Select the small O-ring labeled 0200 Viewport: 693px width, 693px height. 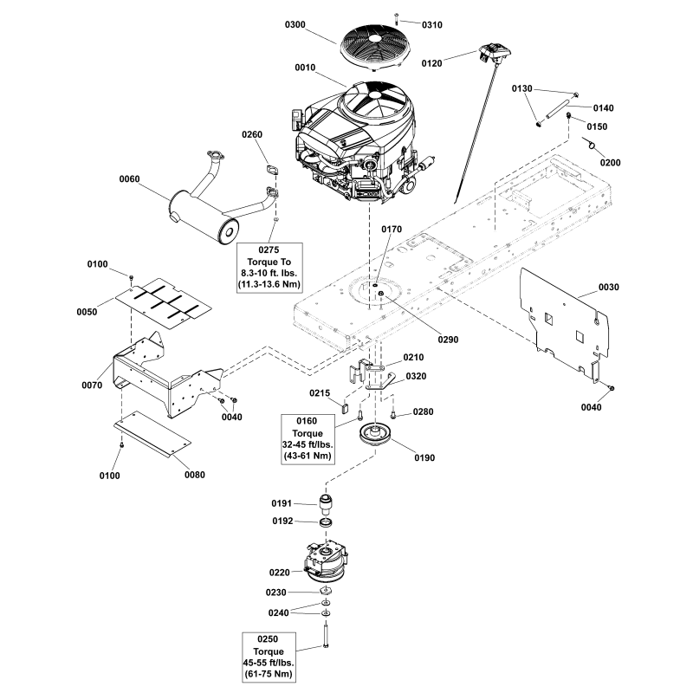(x=593, y=145)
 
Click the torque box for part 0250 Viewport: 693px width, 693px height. (x=269, y=656)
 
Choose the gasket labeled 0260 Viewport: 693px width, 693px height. (x=271, y=172)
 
